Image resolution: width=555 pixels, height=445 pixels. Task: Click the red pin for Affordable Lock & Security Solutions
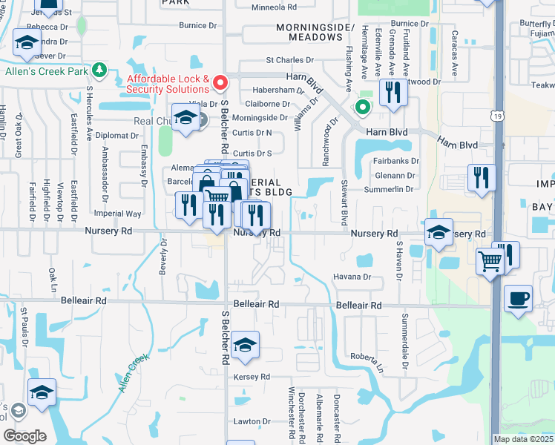coord(220,81)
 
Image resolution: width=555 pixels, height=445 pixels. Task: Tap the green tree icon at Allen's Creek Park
coord(99,71)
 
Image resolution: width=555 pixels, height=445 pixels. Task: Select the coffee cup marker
coord(518,299)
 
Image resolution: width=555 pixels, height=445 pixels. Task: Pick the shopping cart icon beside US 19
coord(490,261)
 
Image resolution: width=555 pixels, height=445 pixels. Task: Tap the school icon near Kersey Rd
coord(245,345)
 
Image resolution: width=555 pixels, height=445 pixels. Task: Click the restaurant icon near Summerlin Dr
coord(482,178)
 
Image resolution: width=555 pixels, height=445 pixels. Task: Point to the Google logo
coord(24,436)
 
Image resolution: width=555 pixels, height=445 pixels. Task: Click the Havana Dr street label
coord(352,277)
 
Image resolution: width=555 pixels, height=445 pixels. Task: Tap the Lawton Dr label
coord(251,421)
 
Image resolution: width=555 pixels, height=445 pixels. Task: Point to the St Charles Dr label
coord(285,59)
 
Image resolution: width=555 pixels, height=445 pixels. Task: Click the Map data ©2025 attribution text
coord(522,439)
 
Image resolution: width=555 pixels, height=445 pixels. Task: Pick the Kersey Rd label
coord(253,377)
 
